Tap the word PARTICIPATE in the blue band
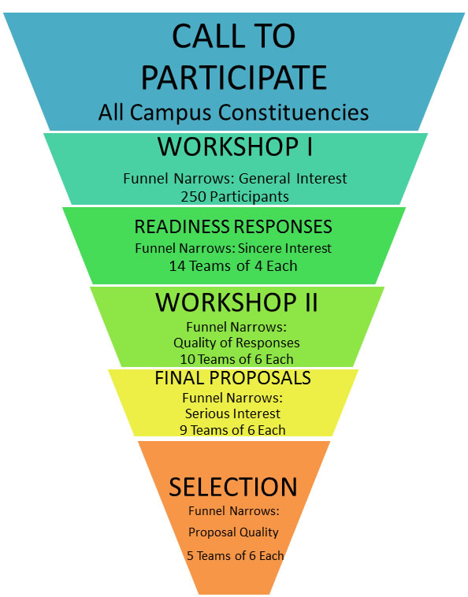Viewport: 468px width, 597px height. pyautogui.click(x=234, y=77)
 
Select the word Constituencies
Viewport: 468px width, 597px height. pyautogui.click(x=294, y=113)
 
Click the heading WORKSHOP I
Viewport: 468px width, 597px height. pyautogui.click(x=235, y=146)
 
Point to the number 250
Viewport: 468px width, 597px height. pyautogui.click(x=194, y=197)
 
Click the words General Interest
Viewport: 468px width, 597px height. pyautogui.click(x=292, y=178)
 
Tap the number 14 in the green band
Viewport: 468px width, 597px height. pyautogui.click(x=177, y=265)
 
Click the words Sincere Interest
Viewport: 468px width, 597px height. pyautogui.click(x=284, y=248)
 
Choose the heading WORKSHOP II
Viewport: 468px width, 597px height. pyautogui.click(x=236, y=302)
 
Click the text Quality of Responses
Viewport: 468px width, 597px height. pyautogui.click(x=236, y=343)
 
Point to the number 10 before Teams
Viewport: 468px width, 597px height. pyautogui.click(x=188, y=359)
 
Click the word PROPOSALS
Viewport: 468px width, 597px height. pyautogui.click(x=260, y=378)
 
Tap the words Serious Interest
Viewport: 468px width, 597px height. pyautogui.click(x=232, y=413)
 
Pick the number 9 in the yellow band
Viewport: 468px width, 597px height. pyautogui.click(x=184, y=430)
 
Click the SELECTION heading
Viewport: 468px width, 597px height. pyautogui.click(x=233, y=487)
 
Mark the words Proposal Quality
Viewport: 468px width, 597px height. pyautogui.click(x=233, y=532)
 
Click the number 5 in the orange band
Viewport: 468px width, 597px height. pyautogui.click(x=191, y=555)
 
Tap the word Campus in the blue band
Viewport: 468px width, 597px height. pyautogui.click(x=170, y=113)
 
